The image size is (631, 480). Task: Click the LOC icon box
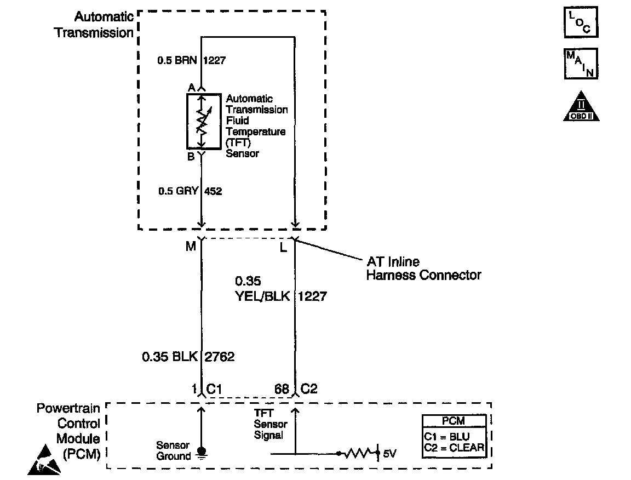pos(581,22)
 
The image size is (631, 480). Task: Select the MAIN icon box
pos(581,64)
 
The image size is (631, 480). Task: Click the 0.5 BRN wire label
pos(178,61)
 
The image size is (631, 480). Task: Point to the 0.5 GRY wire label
pos(178,191)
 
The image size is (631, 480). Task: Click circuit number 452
pos(213,191)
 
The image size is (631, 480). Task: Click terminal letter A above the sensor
pos(191,88)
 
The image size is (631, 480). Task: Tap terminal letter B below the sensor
pos(191,156)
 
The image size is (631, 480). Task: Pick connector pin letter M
pos(191,247)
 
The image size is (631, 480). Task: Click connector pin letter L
pos(283,248)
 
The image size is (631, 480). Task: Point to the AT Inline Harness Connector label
pos(423,268)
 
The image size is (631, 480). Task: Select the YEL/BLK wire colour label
pos(262,296)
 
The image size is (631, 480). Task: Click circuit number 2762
pos(219,357)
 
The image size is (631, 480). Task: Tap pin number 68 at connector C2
pos(282,389)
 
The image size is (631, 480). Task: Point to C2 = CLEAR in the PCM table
pos(454,448)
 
